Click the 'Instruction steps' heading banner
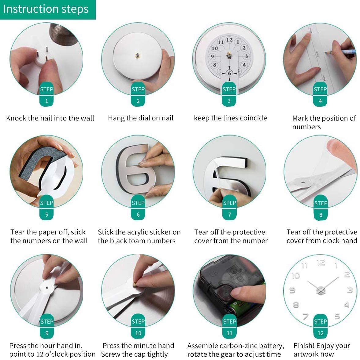click(x=47, y=9)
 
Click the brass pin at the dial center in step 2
click(x=137, y=56)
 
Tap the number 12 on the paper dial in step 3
click(x=229, y=40)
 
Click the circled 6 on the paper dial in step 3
click(x=229, y=73)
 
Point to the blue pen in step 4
click(x=340, y=52)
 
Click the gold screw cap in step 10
click(x=135, y=284)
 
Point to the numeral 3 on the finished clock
click(x=349, y=290)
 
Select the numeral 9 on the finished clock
click(x=292, y=290)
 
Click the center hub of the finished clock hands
click(x=321, y=291)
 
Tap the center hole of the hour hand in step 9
click(x=47, y=288)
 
